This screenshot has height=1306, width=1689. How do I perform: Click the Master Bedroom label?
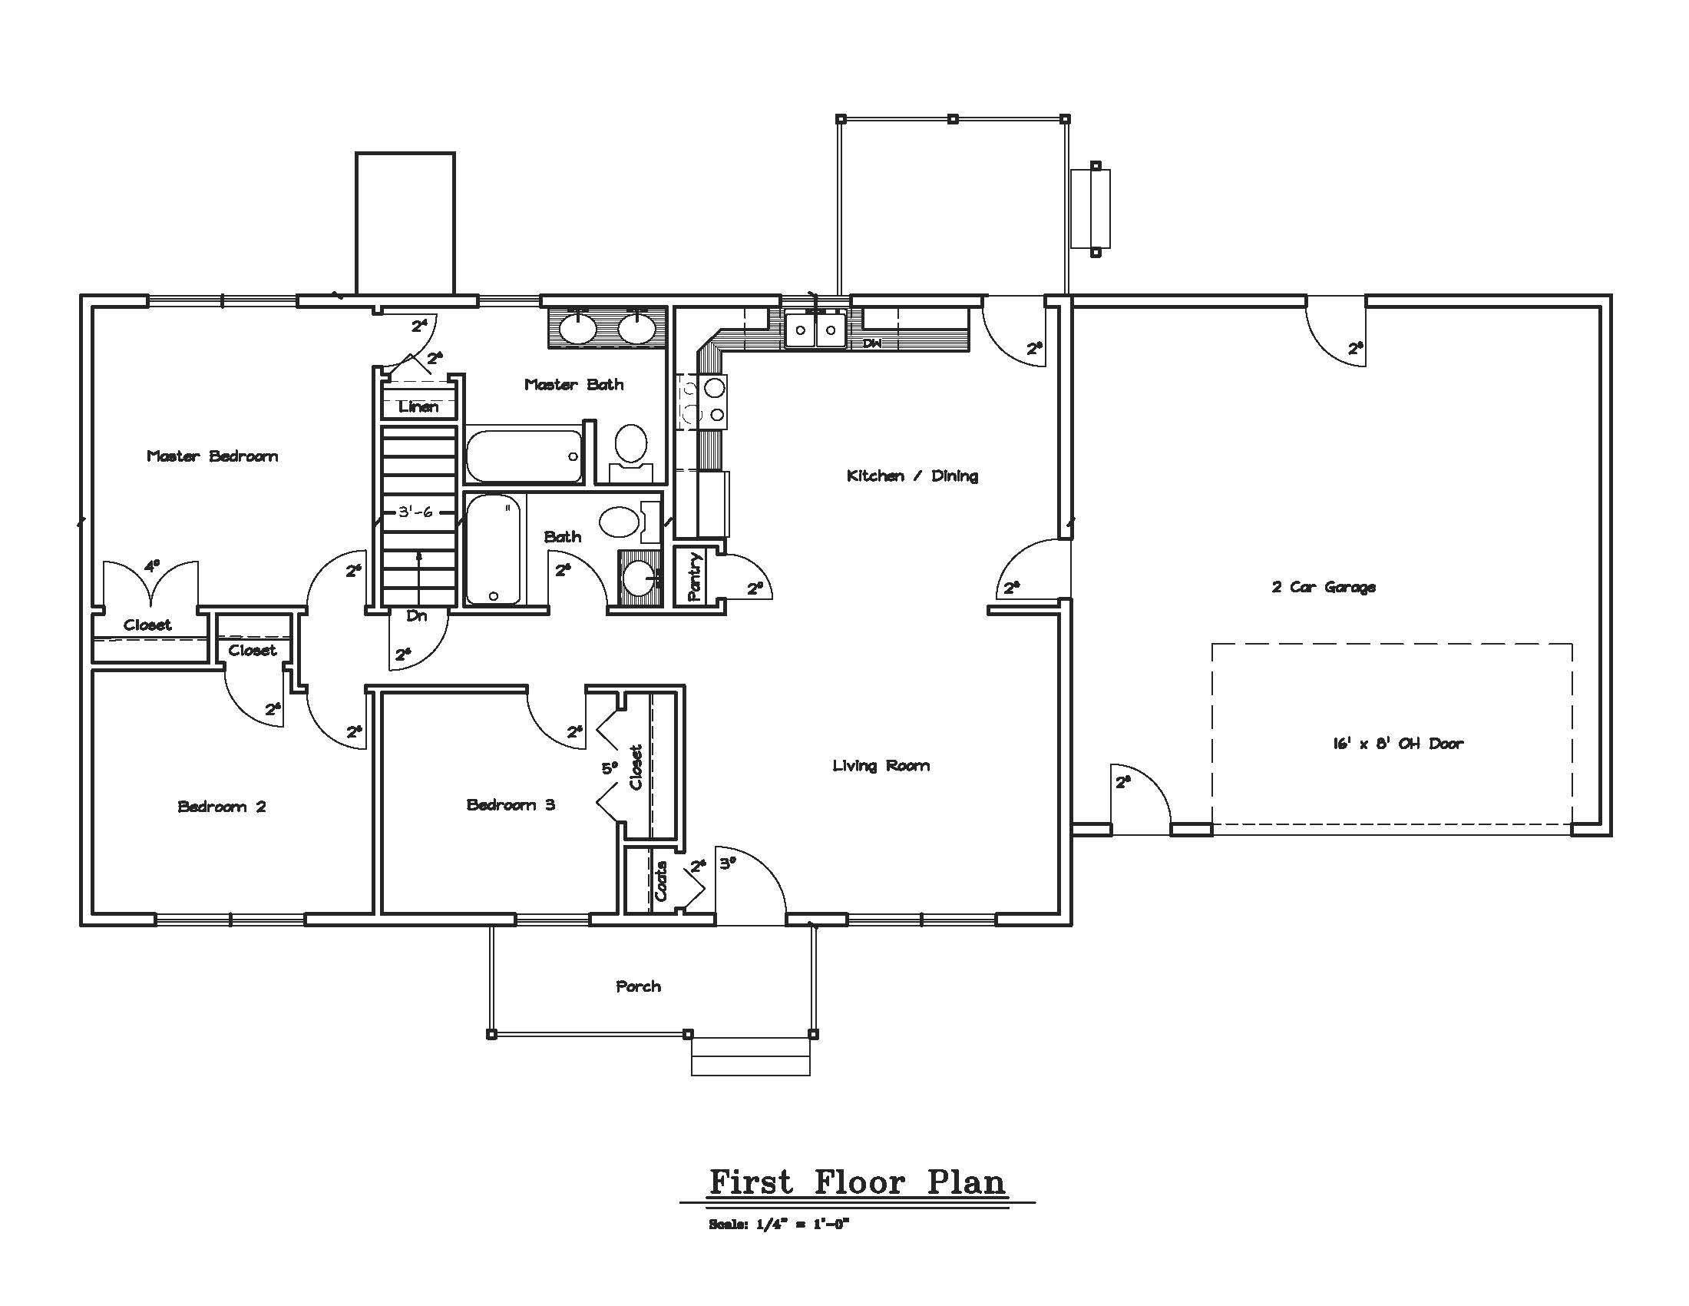click(213, 456)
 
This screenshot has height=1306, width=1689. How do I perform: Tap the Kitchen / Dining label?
click(913, 475)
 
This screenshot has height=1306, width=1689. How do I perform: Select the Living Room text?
click(881, 765)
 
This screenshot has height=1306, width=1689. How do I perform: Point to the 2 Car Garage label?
click(1324, 586)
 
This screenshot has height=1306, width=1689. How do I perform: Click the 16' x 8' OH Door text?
click(1398, 743)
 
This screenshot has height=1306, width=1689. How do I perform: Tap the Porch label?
click(639, 986)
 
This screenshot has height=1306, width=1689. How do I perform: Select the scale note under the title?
click(779, 1225)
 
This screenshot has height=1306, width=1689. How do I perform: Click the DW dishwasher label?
click(872, 343)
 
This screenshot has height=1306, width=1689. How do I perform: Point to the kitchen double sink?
click(816, 330)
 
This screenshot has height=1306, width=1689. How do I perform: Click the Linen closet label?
click(418, 406)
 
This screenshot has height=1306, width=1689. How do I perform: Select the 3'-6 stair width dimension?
click(415, 512)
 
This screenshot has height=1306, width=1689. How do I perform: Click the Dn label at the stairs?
click(417, 616)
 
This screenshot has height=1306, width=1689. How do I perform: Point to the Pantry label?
click(694, 576)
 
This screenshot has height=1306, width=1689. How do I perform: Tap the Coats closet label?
click(661, 881)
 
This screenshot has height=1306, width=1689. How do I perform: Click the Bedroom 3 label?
click(511, 804)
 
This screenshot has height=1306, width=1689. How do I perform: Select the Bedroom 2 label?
click(222, 806)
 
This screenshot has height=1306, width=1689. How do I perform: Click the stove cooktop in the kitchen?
click(703, 401)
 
